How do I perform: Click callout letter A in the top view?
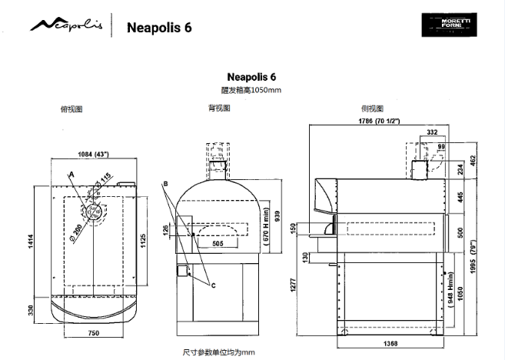pyautogui.click(x=71, y=175)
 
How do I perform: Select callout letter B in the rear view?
pyautogui.click(x=165, y=184)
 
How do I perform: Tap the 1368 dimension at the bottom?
pyautogui.click(x=390, y=345)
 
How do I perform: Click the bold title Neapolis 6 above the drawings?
pyautogui.click(x=252, y=77)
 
